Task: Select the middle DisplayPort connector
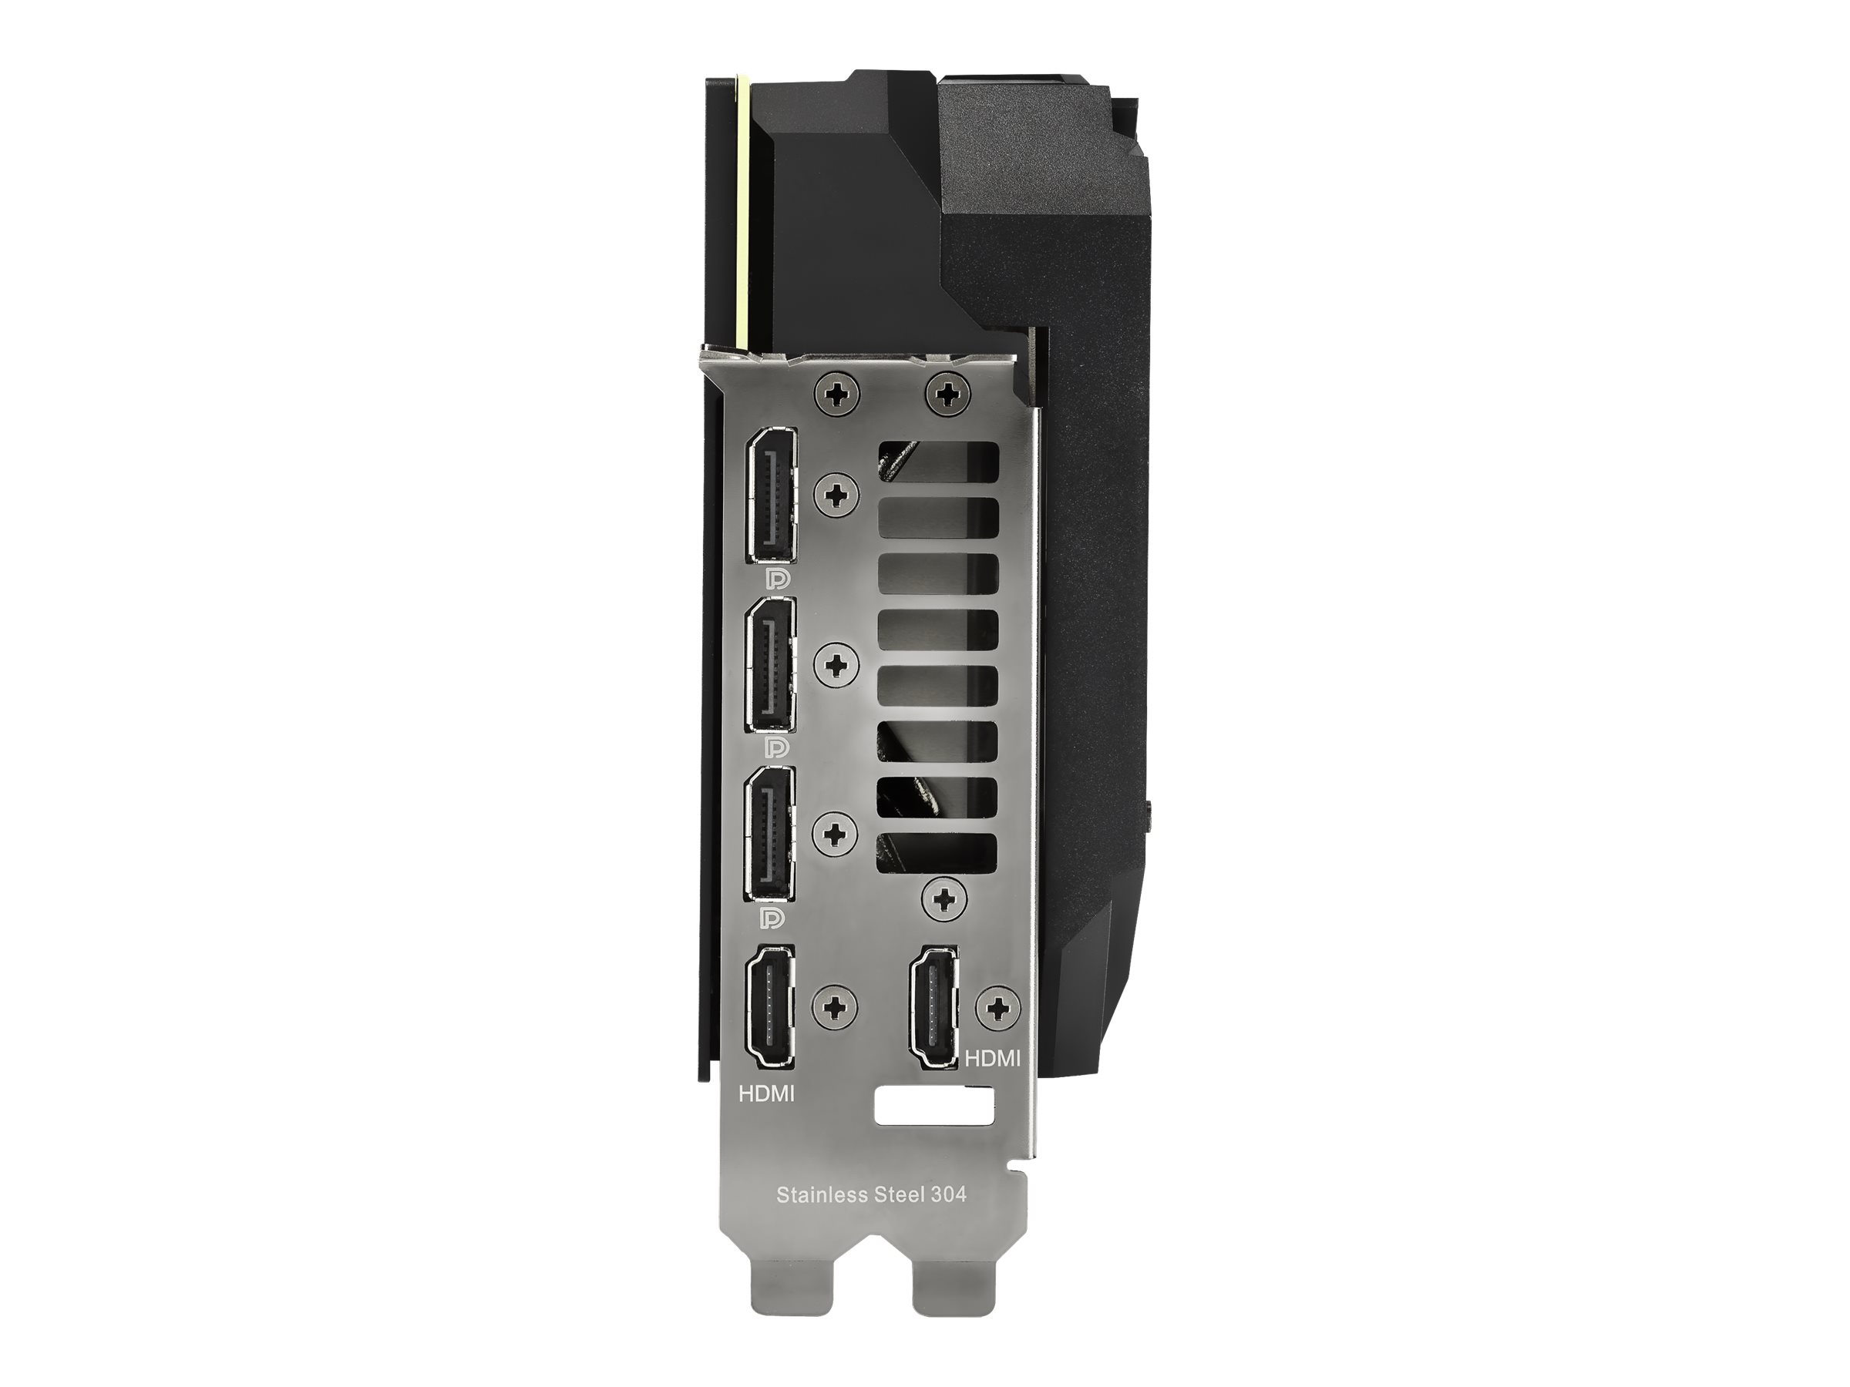[x=772, y=666]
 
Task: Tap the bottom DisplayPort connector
[x=772, y=833]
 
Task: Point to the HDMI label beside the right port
[x=993, y=1059]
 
